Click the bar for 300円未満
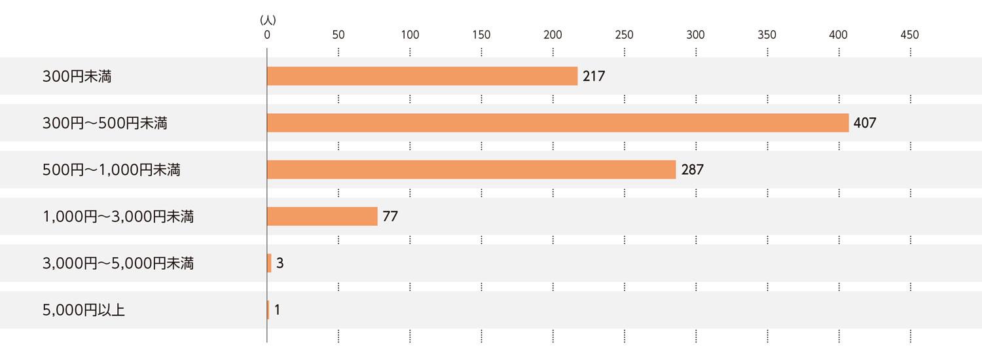(x=422, y=76)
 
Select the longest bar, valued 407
(x=558, y=123)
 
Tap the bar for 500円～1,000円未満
(x=471, y=170)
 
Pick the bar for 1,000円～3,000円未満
(x=322, y=216)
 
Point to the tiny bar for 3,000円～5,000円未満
(x=269, y=263)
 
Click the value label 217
(x=594, y=76)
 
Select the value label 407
(x=865, y=123)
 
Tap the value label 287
(x=692, y=170)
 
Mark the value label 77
(x=390, y=216)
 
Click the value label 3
(x=280, y=263)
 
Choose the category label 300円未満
(x=77, y=76)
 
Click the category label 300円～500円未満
(x=105, y=123)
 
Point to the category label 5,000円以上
(x=84, y=310)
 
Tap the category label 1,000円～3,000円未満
(x=118, y=216)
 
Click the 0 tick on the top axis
(x=267, y=35)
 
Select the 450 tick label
(x=909, y=35)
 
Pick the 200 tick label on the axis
(x=553, y=35)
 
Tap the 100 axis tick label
(x=410, y=35)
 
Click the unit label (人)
(x=267, y=20)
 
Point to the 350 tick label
(x=767, y=35)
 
